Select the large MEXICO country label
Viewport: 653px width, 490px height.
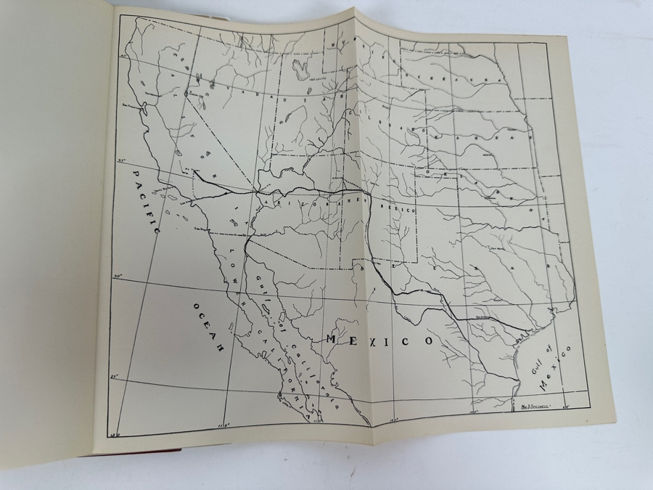(x=379, y=339)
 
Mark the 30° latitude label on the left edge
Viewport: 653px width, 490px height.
(x=118, y=276)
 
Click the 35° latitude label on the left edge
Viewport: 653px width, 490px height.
(x=124, y=162)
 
